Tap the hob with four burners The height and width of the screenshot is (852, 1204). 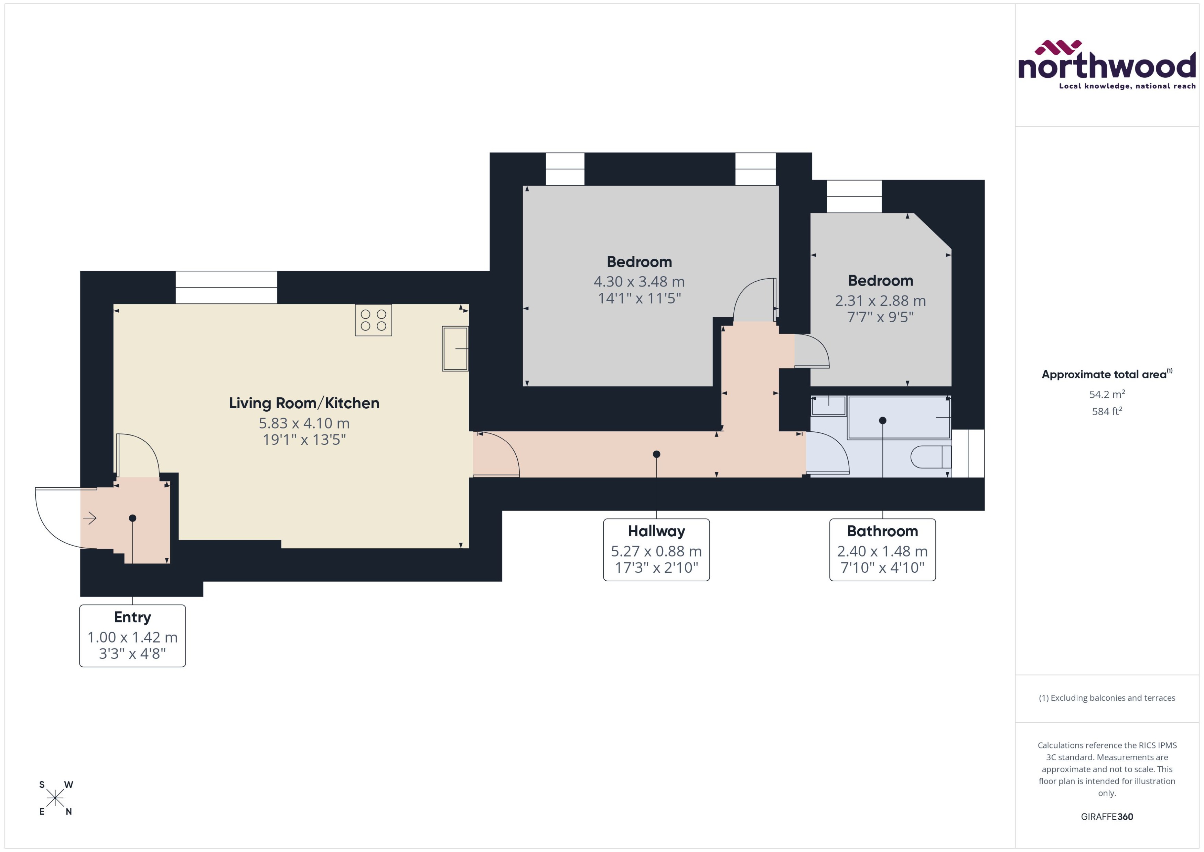[373, 320]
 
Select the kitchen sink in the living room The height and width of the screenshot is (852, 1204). [454, 348]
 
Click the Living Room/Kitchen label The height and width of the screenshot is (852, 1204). [304, 403]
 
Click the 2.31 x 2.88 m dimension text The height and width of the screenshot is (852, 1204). [880, 301]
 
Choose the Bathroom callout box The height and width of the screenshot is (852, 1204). [882, 549]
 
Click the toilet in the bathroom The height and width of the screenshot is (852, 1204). [930, 457]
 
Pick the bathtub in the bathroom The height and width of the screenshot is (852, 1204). [898, 418]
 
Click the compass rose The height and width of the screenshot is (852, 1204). [55, 798]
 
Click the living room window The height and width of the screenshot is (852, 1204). [226, 288]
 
